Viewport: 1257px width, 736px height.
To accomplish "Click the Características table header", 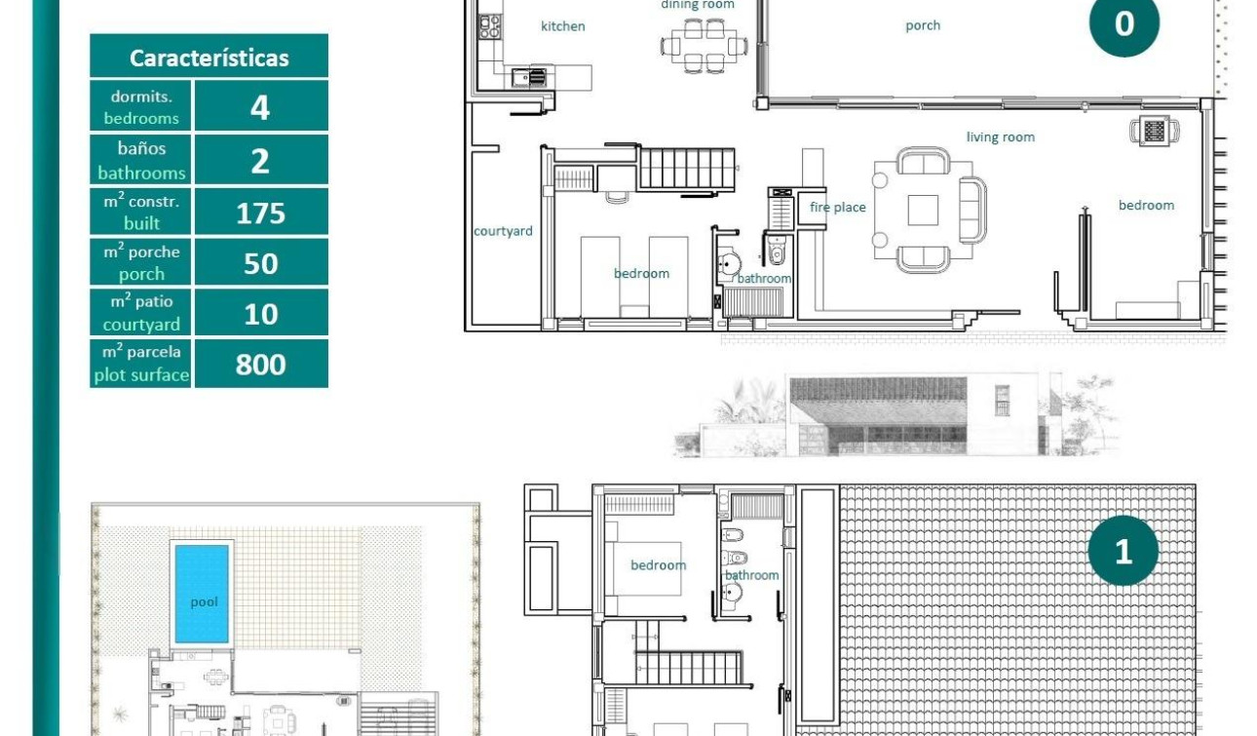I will [x=209, y=58].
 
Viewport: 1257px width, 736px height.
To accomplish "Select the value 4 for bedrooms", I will [x=260, y=106].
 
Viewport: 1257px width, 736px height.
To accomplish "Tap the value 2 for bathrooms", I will [x=260, y=160].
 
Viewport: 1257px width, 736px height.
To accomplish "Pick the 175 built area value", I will [x=260, y=213].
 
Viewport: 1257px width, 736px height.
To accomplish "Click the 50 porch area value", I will [x=260, y=263].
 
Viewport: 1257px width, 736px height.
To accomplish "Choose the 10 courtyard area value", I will [x=260, y=314].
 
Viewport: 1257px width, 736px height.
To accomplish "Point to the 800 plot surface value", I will [x=260, y=365].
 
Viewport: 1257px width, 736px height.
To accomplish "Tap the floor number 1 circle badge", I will [x=1123, y=552].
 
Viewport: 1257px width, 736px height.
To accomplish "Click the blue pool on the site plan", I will [x=202, y=593].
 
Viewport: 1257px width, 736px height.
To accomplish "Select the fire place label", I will [x=837, y=208].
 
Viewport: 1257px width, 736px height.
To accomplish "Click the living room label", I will [x=1000, y=137].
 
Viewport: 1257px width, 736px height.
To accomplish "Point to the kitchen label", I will [x=562, y=26].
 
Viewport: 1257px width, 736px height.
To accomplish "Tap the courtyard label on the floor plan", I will [x=503, y=231].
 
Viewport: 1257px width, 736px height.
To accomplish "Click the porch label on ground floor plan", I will [x=922, y=25].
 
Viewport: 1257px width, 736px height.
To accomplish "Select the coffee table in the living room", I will [x=923, y=210].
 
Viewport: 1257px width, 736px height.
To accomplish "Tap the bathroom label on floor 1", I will [x=751, y=575].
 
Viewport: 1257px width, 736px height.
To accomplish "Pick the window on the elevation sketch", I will [x=1002, y=400].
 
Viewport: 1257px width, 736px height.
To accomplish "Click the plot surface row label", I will [x=141, y=364].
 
